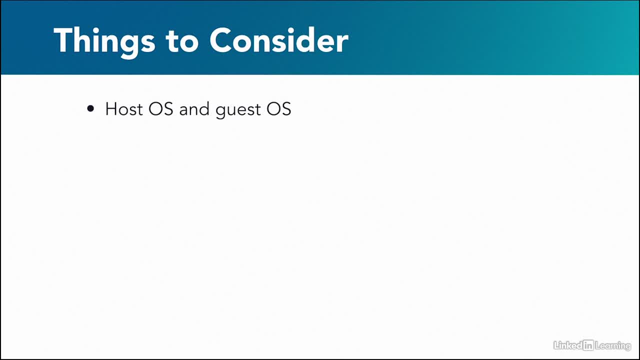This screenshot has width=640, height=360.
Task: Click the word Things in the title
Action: tap(104, 42)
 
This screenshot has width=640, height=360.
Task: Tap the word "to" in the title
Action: tap(182, 41)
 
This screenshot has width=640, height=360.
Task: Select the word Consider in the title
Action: tap(279, 40)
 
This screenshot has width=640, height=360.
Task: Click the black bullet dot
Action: tap(90, 108)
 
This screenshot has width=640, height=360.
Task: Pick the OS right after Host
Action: tap(161, 109)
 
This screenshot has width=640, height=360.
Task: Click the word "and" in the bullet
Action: tap(194, 109)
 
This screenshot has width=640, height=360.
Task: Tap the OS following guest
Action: tap(279, 109)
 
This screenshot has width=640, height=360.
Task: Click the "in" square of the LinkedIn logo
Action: tap(588, 345)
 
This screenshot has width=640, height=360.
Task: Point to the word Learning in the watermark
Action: tap(613, 346)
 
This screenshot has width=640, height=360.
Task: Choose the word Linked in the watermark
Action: tap(568, 345)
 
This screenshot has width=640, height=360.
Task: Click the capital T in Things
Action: tap(63, 40)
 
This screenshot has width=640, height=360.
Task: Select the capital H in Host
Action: tap(111, 109)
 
